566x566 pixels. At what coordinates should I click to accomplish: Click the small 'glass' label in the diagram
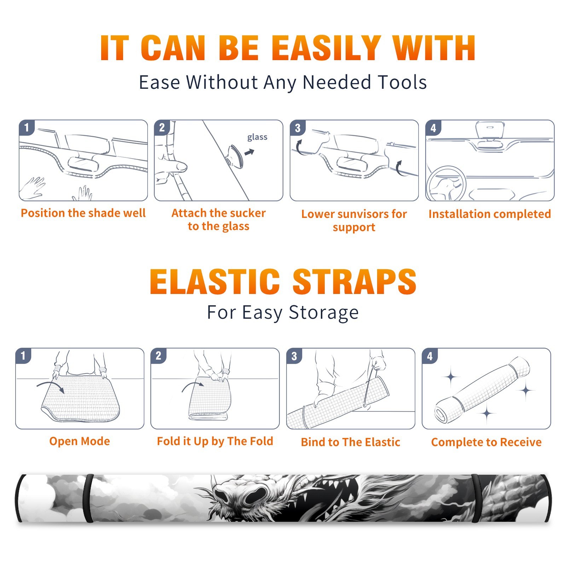coord(257,137)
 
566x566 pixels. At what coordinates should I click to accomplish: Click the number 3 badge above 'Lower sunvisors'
coord(298,128)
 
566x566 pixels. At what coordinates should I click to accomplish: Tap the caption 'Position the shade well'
coord(83,213)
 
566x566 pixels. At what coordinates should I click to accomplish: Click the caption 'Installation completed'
coord(490,214)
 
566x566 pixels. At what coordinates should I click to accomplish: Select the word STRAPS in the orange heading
coord(354,282)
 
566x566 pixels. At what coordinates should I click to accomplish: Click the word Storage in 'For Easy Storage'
coord(324,313)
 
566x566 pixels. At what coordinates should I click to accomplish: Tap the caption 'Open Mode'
coord(80,441)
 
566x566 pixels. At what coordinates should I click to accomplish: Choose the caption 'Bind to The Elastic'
coord(351,442)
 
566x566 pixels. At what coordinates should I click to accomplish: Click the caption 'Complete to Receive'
coord(486,442)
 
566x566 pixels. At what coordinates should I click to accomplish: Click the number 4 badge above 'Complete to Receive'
coord(430,356)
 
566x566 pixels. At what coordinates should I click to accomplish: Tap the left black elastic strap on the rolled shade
coord(88,498)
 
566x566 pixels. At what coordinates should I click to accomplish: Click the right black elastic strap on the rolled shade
coord(476,498)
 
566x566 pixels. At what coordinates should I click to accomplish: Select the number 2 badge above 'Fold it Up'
coord(158,356)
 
